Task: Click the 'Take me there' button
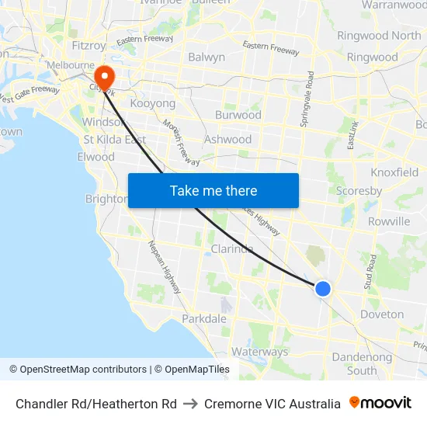pyautogui.click(x=213, y=191)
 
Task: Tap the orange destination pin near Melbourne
pyautogui.click(x=103, y=76)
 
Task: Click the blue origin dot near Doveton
pyautogui.click(x=323, y=289)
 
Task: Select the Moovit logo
pyautogui.click(x=380, y=403)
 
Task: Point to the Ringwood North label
pyautogui.click(x=380, y=36)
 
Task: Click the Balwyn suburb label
pyautogui.click(x=207, y=57)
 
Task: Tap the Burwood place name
pyautogui.click(x=238, y=115)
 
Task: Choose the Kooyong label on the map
pyautogui.click(x=153, y=103)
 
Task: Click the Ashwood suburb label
pyautogui.click(x=227, y=140)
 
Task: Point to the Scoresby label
pyautogui.click(x=359, y=190)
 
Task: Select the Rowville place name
pyautogui.click(x=388, y=221)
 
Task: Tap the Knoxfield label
pyautogui.click(x=394, y=172)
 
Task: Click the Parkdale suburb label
pyautogui.click(x=204, y=318)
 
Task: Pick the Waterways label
pyautogui.click(x=259, y=352)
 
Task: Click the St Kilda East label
pyautogui.click(x=115, y=140)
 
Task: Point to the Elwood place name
pyautogui.click(x=96, y=157)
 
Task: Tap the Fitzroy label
pyautogui.click(x=88, y=45)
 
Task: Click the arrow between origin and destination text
pyautogui.click(x=190, y=404)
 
